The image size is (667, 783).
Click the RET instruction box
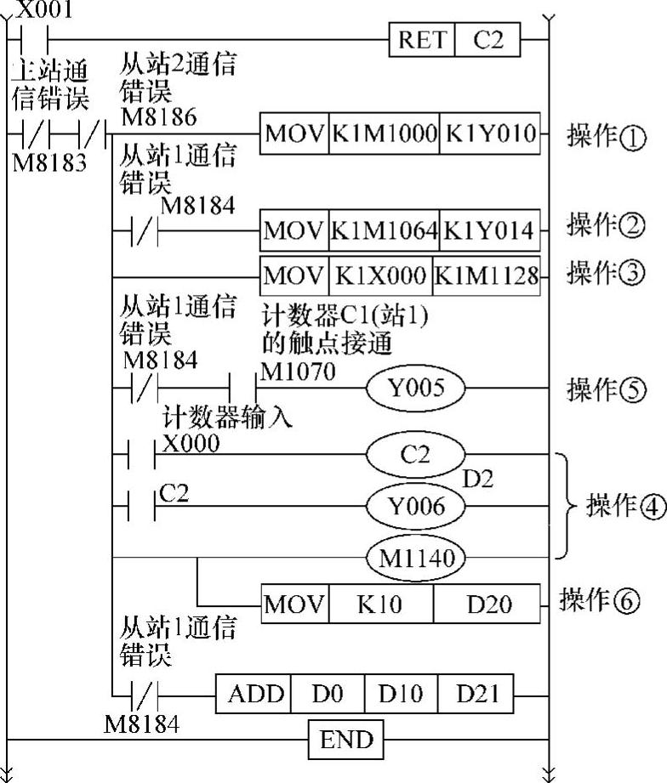(422, 40)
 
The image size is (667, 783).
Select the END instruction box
(346, 739)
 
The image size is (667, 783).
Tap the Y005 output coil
(415, 389)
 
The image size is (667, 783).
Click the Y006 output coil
(415, 507)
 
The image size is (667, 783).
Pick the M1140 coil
(415, 558)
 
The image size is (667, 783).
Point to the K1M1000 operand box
(385, 134)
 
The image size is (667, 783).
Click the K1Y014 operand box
(491, 230)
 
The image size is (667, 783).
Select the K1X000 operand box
(379, 276)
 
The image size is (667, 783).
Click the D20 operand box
(488, 604)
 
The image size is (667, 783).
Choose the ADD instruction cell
(255, 694)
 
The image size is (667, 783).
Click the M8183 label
(49, 162)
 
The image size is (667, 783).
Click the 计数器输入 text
(227, 417)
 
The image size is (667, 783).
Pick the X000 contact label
(190, 443)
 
